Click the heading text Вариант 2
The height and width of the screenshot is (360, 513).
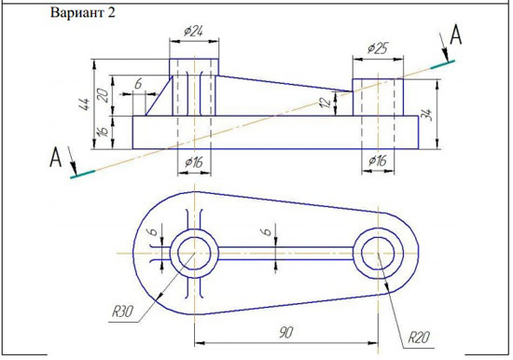(x=83, y=13)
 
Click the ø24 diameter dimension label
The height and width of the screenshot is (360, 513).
(x=193, y=32)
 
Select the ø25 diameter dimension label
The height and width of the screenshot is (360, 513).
(x=377, y=48)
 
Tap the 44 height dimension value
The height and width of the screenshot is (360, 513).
(x=86, y=104)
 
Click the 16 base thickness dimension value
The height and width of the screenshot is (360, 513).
(x=104, y=132)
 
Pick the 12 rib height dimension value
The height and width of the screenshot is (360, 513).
(x=326, y=103)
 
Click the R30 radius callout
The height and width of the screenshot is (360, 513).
(x=123, y=311)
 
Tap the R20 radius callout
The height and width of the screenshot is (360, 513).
(x=419, y=337)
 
